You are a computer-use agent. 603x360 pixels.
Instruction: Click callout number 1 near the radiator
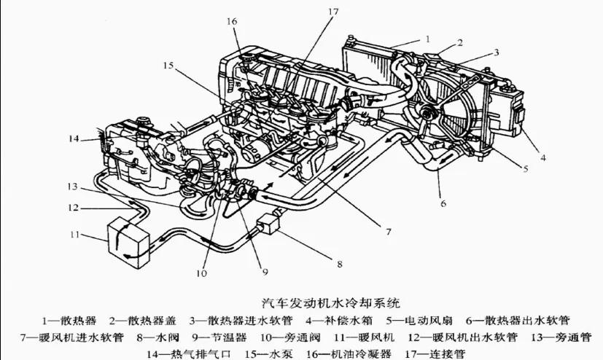[x=428, y=37]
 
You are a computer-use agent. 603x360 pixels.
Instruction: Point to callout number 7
[x=389, y=232]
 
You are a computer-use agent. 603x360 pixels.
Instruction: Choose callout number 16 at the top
[x=232, y=23]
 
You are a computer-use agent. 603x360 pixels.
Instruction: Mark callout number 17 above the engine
[x=333, y=12]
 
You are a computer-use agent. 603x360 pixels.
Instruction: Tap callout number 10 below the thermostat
[x=201, y=274]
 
